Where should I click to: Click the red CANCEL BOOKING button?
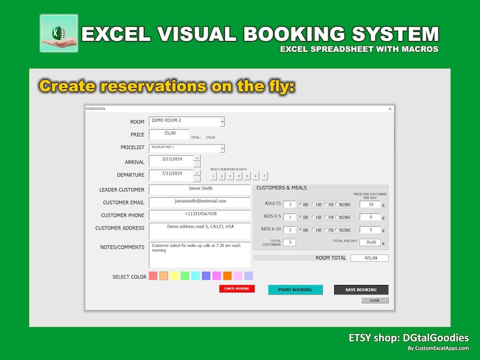pyautogui.click(x=237, y=289)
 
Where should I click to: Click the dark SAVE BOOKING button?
pyautogui.click(x=361, y=290)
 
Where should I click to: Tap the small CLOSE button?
pyautogui.click(x=375, y=300)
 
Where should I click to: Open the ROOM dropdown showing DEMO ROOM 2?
pyautogui.click(x=186, y=121)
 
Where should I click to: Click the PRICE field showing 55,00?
pyautogui.click(x=169, y=134)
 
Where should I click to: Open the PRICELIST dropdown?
pyautogui.click(x=186, y=148)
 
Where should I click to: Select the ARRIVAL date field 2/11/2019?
pyautogui.click(x=170, y=161)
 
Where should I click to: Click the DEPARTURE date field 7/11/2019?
pyautogui.click(x=170, y=174)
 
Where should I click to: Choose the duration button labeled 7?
pyautogui.click(x=264, y=176)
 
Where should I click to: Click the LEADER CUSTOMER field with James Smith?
pyautogui.click(x=199, y=189)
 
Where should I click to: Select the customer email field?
pyautogui.click(x=199, y=202)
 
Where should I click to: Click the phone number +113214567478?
pyautogui.click(x=199, y=214)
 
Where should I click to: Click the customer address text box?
pyautogui.click(x=199, y=230)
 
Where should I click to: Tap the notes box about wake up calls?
pyautogui.click(x=199, y=254)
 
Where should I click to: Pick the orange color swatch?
pyautogui.click(x=227, y=276)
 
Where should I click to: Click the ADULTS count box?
pyautogui.click(x=290, y=204)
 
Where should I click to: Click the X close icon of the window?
pyautogui.click(x=390, y=109)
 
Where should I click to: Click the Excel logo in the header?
pyautogui.click(x=59, y=33)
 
